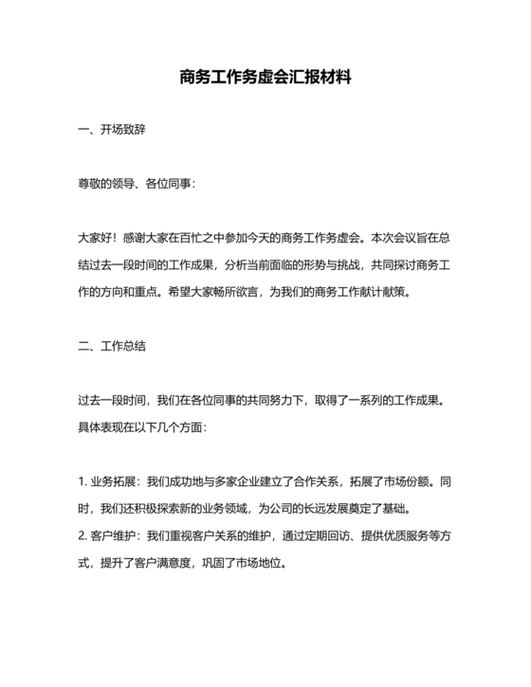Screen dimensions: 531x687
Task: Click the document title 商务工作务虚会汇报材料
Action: click(x=265, y=78)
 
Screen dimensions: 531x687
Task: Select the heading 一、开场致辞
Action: click(x=111, y=130)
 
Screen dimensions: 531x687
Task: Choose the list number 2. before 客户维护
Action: click(x=82, y=535)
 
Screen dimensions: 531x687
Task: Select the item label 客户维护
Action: click(x=114, y=535)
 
